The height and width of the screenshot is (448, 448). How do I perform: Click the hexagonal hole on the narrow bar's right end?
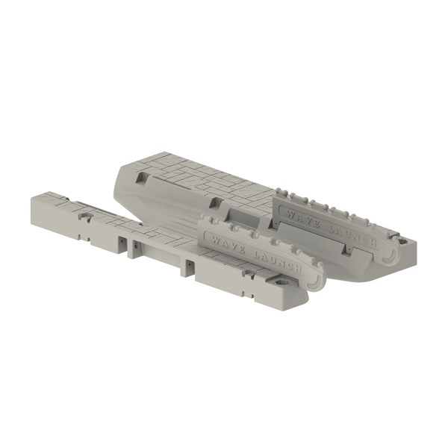point(281,283)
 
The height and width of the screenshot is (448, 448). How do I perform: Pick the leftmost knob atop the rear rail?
point(278,191)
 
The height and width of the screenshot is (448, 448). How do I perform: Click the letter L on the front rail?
point(255,252)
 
